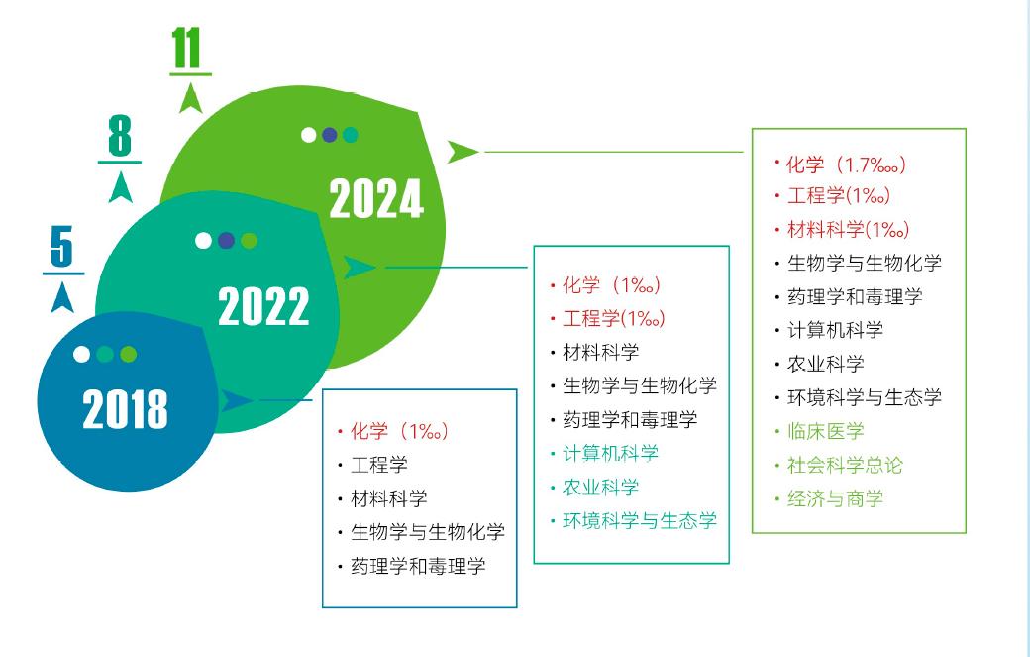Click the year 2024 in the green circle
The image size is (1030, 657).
[x=376, y=198]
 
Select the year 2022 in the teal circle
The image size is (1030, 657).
[x=263, y=306]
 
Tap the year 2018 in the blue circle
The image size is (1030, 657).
[x=126, y=408]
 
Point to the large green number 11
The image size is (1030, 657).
[x=186, y=49]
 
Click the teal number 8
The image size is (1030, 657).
[x=120, y=136]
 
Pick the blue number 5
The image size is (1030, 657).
[x=61, y=247]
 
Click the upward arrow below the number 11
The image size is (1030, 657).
[x=190, y=98]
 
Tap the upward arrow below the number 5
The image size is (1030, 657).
[x=62, y=297]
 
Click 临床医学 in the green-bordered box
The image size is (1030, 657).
[x=825, y=431]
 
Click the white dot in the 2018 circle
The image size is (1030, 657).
[x=81, y=354]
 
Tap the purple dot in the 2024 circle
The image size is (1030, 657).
[x=330, y=135]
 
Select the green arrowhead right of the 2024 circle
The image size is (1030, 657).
[x=463, y=152]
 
